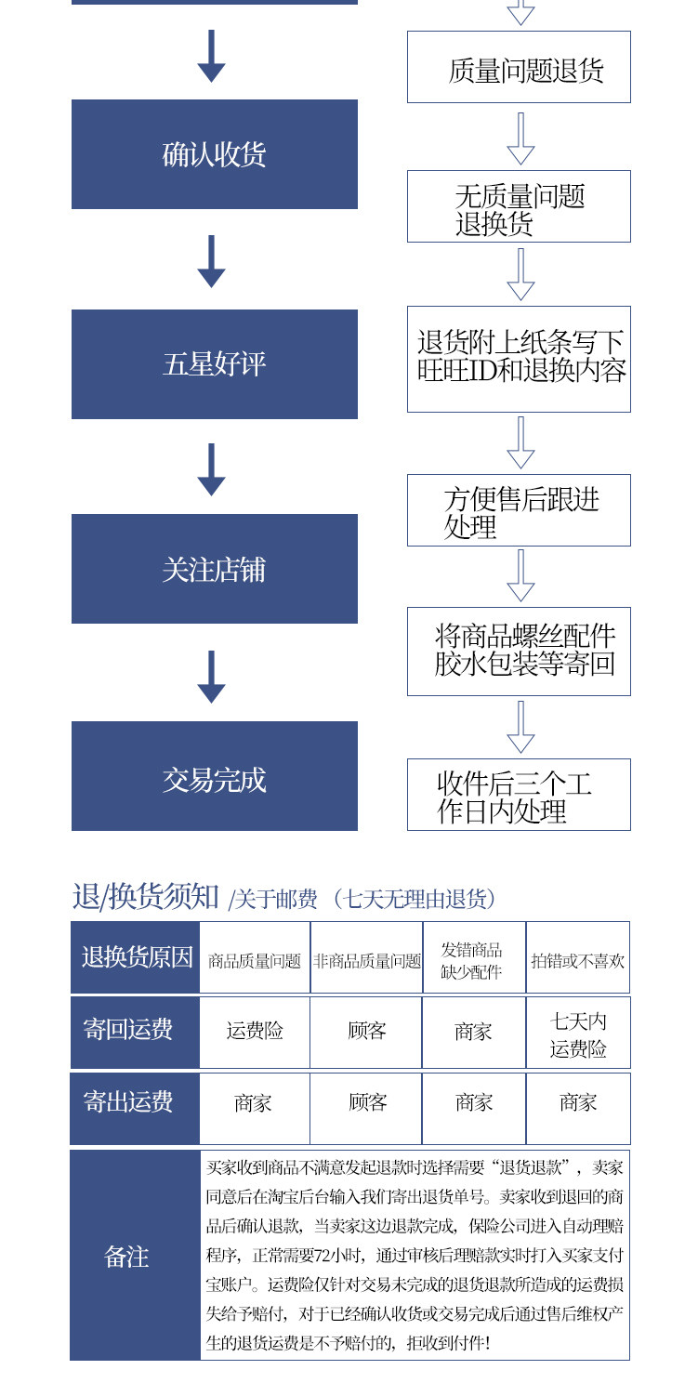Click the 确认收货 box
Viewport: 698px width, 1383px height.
pos(214,154)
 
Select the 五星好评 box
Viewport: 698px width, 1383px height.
pos(214,363)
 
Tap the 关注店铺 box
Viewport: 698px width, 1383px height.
pos(214,569)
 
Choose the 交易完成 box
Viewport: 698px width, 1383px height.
pos(214,776)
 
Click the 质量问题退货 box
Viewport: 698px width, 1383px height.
pos(519,67)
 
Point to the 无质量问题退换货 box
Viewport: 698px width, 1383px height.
pos(519,206)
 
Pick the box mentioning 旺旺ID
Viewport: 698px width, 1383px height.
pos(519,359)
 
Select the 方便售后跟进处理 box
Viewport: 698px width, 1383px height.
pos(519,510)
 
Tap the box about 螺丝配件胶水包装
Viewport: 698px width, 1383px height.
pos(519,652)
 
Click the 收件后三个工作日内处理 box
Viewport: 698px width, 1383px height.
pos(519,795)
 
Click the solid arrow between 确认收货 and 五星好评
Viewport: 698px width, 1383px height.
pos(212,261)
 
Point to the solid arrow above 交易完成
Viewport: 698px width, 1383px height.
pos(212,677)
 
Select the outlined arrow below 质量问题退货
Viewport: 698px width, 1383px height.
pos(520,138)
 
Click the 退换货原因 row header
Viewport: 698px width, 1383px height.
pos(136,957)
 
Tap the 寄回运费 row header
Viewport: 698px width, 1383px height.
pos(136,1032)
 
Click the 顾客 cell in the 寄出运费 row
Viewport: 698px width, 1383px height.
pos(367,1104)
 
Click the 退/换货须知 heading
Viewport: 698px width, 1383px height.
pos(147,897)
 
